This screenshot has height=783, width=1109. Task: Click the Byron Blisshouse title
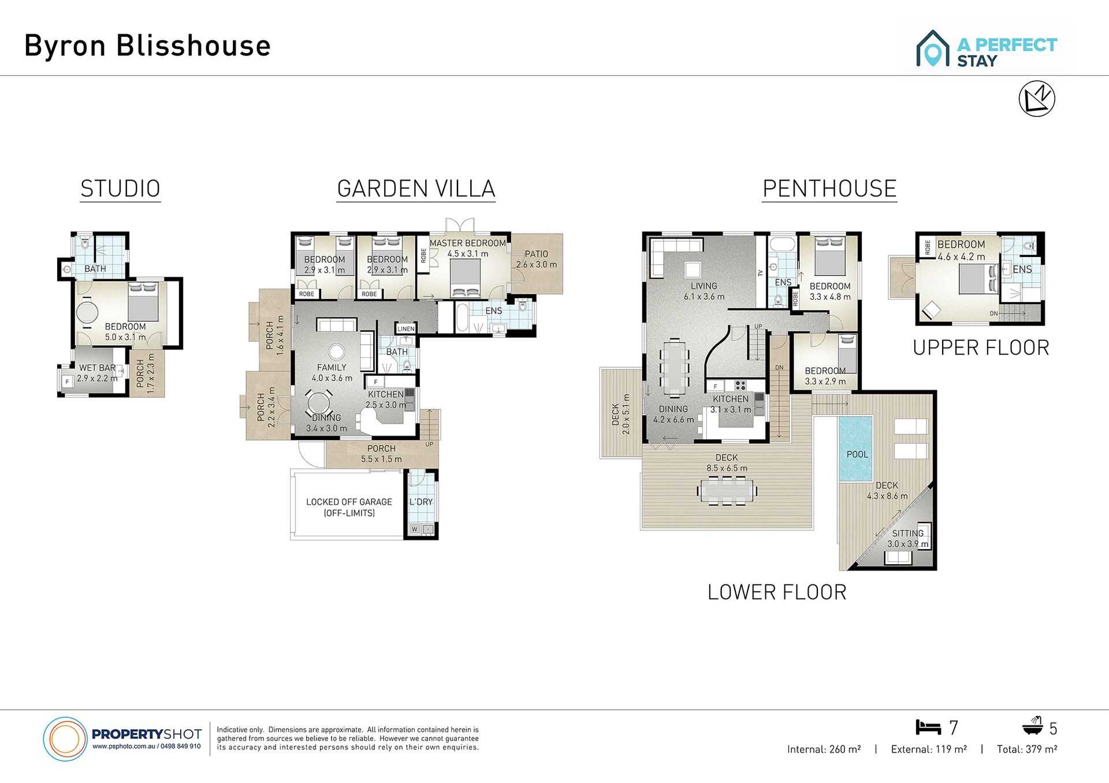(x=147, y=46)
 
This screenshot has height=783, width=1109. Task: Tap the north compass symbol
(x=1037, y=99)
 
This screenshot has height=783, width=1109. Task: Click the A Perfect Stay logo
(x=987, y=48)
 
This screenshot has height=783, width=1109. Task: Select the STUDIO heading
(x=120, y=189)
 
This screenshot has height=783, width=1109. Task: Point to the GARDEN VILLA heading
(x=416, y=189)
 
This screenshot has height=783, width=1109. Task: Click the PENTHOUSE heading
(x=829, y=189)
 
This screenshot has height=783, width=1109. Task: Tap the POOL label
(x=857, y=454)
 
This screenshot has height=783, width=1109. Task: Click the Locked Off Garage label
(x=349, y=507)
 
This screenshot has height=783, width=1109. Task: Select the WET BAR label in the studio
(x=97, y=368)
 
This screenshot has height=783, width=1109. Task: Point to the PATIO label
(x=536, y=254)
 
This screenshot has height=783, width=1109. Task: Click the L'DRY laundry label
(x=421, y=502)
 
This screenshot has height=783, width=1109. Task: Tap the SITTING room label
(x=908, y=533)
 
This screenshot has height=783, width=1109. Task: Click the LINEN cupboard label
(x=406, y=329)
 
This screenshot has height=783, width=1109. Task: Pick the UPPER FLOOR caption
(x=981, y=348)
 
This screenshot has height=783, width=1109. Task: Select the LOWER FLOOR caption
(x=777, y=592)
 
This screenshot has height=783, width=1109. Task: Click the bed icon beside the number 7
(x=928, y=727)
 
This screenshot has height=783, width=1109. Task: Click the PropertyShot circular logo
(x=65, y=739)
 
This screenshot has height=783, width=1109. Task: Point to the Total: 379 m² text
(x=1027, y=749)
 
